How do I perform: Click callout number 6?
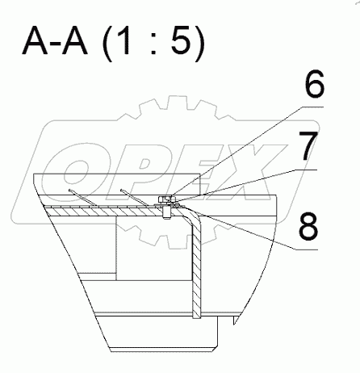(315, 84)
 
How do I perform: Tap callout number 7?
(308, 145)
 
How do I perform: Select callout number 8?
(308, 226)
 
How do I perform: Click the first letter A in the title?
(36, 40)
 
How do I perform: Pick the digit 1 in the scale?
(124, 40)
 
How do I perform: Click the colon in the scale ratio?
(153, 44)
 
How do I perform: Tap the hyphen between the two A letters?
(55, 45)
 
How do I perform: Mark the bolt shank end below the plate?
(167, 217)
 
